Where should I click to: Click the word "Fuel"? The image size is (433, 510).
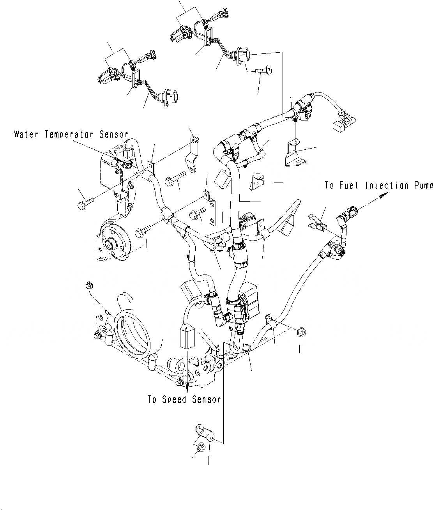[349, 186]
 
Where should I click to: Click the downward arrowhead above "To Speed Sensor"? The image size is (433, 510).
[187, 387]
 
